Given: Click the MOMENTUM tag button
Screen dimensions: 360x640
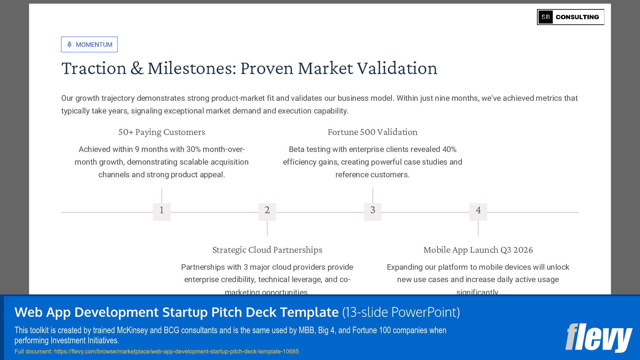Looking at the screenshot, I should pyautogui.click(x=89, y=45).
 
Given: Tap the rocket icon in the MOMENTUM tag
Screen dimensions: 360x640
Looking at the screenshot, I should pyautogui.click(x=69, y=45).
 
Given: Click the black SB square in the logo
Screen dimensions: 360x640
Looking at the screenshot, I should pyautogui.click(x=545, y=17).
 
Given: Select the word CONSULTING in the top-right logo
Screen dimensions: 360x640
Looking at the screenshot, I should pyautogui.click(x=577, y=17).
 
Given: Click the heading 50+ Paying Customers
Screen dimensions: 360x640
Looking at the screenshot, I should pyautogui.click(x=162, y=132).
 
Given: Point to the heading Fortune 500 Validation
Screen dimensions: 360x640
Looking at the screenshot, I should pyautogui.click(x=372, y=132).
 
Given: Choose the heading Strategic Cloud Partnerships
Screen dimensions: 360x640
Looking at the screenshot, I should pyautogui.click(x=267, y=250).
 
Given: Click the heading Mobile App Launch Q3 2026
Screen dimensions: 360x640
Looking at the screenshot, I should pyautogui.click(x=478, y=250).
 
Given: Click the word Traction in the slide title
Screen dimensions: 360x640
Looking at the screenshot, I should pyautogui.click(x=94, y=69).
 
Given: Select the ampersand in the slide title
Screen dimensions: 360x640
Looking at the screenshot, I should pyautogui.click(x=137, y=69).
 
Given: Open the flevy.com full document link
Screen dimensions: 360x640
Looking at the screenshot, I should pyautogui.click(x=176, y=351).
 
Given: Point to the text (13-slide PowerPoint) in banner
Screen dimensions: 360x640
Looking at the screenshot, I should pyautogui.click(x=401, y=312).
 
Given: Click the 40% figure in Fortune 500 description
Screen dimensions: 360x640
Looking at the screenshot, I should pyautogui.click(x=449, y=149).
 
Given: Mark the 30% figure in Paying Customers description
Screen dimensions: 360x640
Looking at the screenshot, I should pyautogui.click(x=193, y=149).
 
